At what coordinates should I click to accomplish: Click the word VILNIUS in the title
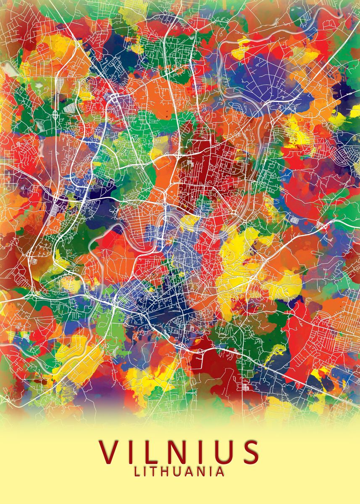[x=179, y=451]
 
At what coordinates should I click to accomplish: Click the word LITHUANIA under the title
[x=179, y=472]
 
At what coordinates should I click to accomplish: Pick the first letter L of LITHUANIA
[x=138, y=472]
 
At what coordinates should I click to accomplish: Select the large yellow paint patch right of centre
[x=244, y=260]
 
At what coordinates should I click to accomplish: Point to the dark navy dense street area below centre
[x=155, y=311]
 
